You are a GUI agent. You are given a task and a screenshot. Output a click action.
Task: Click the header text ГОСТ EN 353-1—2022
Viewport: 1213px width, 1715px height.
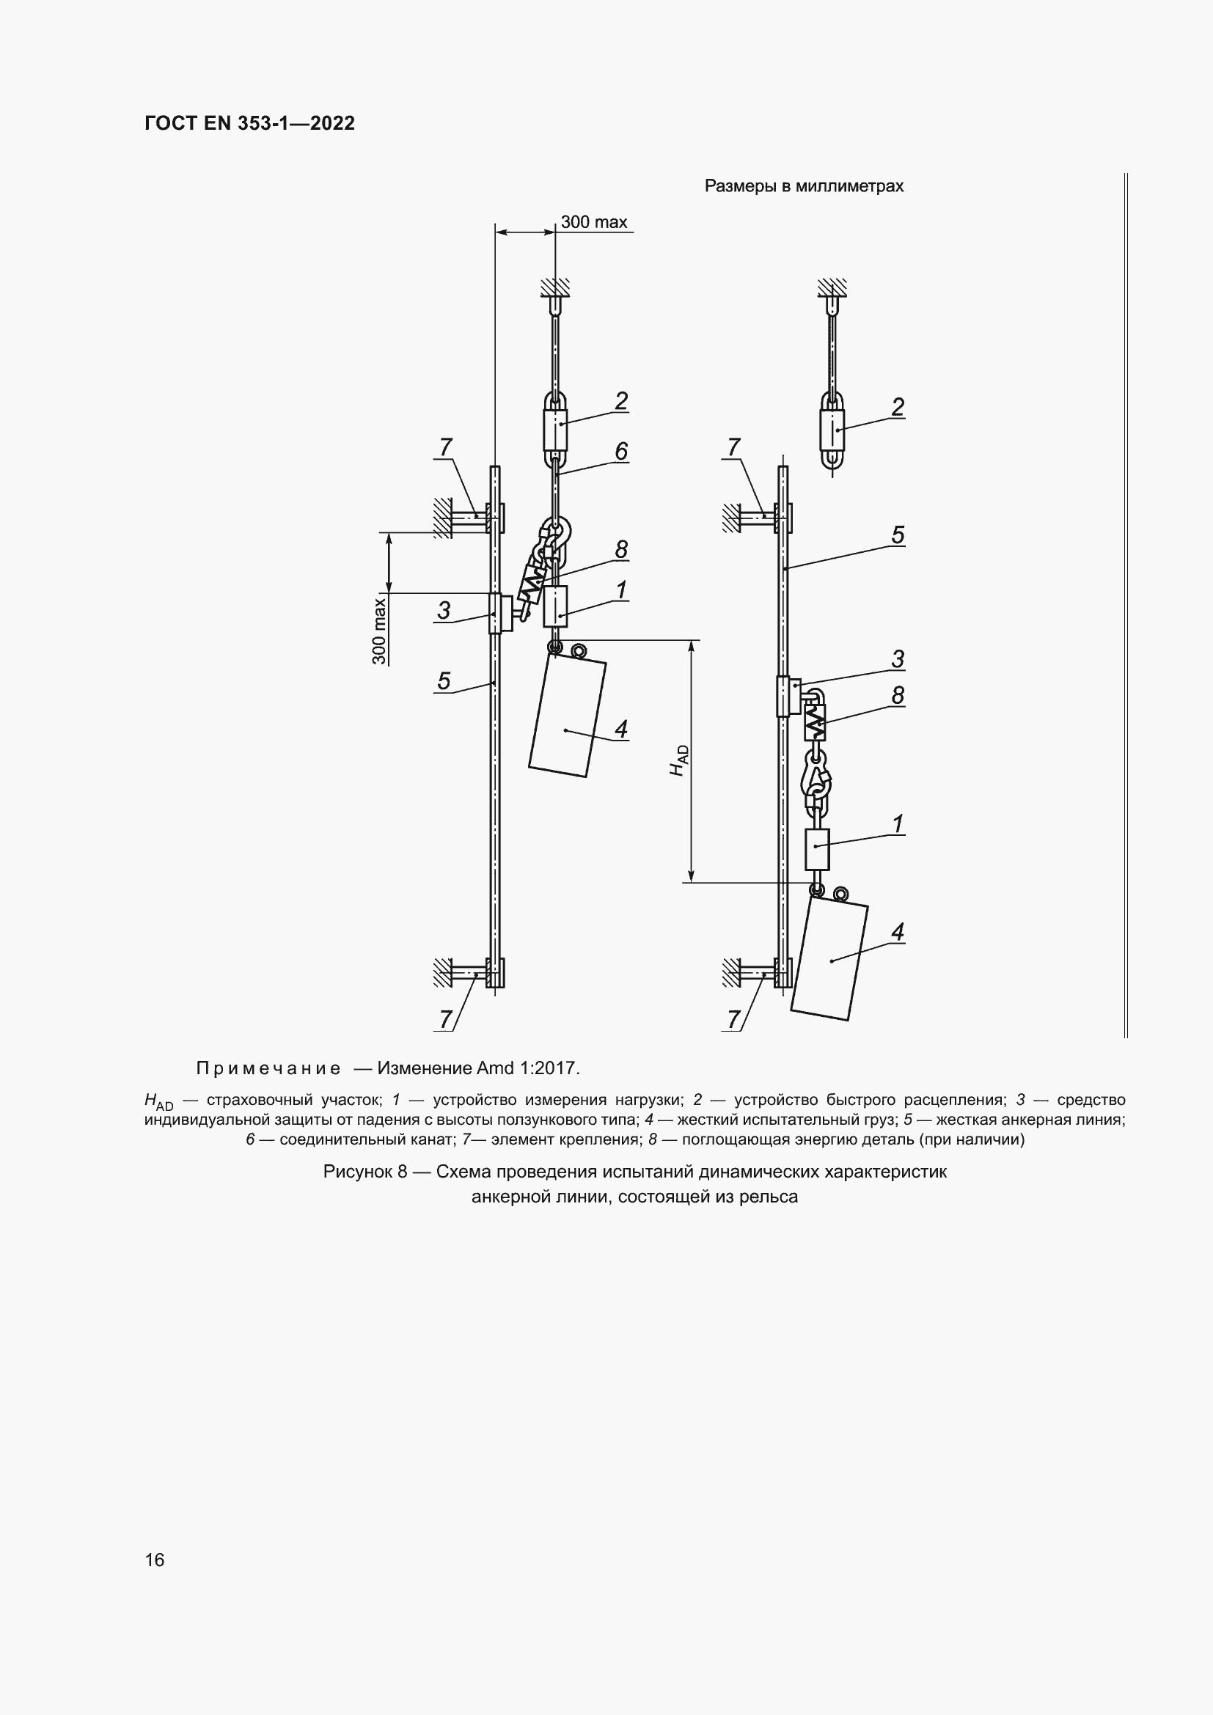(249, 124)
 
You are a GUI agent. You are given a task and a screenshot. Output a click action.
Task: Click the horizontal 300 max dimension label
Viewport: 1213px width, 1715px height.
(594, 223)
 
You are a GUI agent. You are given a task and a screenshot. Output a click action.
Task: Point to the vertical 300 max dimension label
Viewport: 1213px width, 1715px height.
(380, 631)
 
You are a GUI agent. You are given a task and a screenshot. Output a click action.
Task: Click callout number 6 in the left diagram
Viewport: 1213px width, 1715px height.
(620, 451)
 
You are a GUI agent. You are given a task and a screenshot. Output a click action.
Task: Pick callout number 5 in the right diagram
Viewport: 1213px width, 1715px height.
(897, 535)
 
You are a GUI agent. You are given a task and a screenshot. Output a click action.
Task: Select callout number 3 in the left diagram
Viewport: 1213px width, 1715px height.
(444, 610)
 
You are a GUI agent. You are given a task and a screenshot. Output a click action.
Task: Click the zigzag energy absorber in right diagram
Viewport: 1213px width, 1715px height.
(814, 722)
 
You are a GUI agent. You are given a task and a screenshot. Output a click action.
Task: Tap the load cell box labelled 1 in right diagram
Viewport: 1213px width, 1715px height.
(816, 848)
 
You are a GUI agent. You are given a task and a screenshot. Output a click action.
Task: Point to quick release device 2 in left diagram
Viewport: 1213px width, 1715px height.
(555, 430)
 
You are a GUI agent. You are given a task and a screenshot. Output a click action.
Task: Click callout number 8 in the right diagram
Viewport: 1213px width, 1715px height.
(897, 695)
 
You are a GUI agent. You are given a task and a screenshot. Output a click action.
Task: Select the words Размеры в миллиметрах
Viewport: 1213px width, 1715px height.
(804, 186)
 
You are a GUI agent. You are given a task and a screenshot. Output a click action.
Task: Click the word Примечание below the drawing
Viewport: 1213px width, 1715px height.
(268, 1068)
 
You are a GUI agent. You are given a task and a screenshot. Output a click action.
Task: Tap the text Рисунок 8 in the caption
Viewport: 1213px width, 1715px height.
(364, 1171)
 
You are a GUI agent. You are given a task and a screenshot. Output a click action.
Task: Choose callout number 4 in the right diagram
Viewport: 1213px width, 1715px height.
(897, 931)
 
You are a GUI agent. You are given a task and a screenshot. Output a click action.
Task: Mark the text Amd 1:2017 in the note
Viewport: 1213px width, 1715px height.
(523, 1068)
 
